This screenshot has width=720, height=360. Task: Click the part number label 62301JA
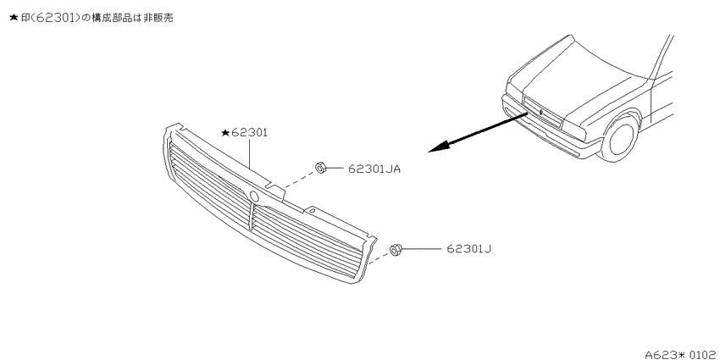pos(374,169)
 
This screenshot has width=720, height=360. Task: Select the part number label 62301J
pos(468,249)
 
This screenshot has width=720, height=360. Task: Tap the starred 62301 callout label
pos(244,133)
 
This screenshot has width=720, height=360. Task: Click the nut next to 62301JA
pos(320,168)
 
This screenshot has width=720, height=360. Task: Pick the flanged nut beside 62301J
pos(395,250)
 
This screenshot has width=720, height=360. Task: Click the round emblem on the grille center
pos(254,196)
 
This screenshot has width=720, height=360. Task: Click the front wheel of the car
pos(620,137)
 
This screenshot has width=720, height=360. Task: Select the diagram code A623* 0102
pos(680,354)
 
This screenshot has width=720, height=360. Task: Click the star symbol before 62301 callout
pos(225,133)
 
